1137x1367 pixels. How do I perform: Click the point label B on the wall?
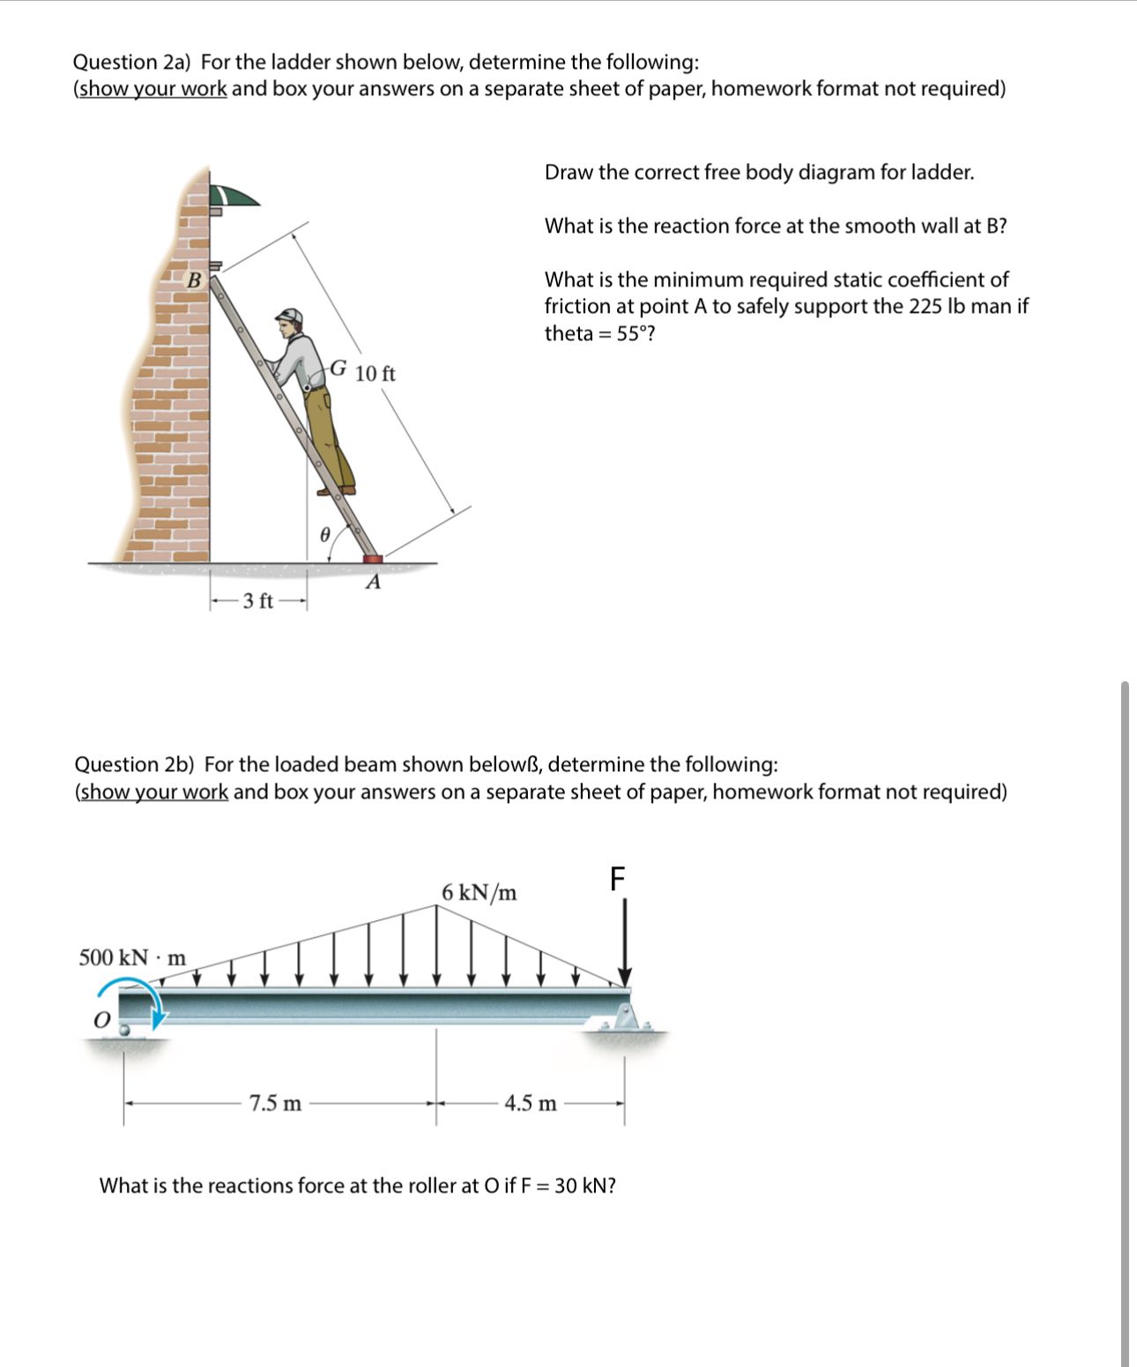click(195, 281)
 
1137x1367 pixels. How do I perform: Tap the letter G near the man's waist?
click(338, 368)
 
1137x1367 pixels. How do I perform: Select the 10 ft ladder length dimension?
click(375, 374)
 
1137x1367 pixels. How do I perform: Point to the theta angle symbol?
click(324, 533)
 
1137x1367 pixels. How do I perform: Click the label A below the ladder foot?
click(374, 583)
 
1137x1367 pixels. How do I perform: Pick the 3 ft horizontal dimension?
click(257, 602)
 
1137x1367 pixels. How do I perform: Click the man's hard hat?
click(290, 316)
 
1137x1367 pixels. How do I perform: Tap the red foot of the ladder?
click(374, 558)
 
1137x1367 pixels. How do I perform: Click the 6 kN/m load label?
click(479, 893)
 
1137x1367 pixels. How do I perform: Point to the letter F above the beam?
click(617, 878)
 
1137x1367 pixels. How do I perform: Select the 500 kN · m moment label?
click(132, 957)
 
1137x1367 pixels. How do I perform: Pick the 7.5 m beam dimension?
click(275, 1103)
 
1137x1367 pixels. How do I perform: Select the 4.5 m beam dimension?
click(531, 1103)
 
